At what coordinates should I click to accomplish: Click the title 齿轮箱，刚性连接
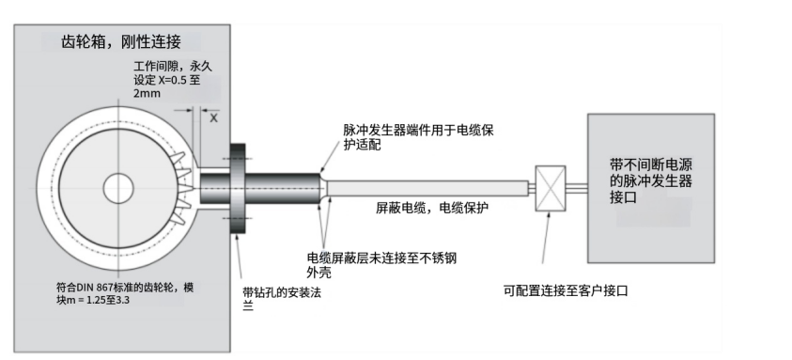coord(120,41)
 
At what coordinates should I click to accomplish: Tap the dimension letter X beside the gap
coord(213,117)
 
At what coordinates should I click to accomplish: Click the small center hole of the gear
coord(118,188)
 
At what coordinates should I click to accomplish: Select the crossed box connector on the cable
coord(550,188)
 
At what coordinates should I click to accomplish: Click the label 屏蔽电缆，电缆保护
coord(432,208)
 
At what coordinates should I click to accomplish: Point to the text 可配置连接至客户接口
coord(566,290)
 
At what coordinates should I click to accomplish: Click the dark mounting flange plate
coord(238,189)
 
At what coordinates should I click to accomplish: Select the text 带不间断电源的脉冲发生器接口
coord(650,181)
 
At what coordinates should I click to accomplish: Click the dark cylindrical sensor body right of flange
coord(283,188)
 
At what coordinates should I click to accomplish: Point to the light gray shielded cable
coord(427,188)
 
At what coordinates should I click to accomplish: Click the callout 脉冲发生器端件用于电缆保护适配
coord(418,137)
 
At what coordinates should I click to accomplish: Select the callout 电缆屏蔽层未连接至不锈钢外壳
coord(381,265)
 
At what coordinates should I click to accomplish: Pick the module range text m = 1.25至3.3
coord(95,300)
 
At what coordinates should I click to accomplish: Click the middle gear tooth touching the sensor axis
coord(185,188)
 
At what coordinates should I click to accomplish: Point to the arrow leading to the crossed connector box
coord(547,237)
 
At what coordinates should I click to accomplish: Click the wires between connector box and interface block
coord(576,188)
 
